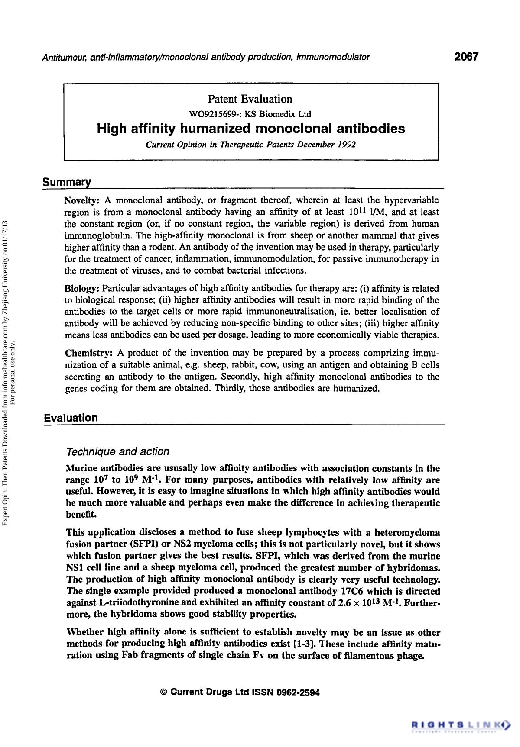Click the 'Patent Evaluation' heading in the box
point(250,99)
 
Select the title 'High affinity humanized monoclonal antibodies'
point(250,129)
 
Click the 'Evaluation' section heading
point(71,418)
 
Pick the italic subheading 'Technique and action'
point(117,451)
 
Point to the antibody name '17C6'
point(352,591)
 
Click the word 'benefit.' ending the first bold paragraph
point(81,515)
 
